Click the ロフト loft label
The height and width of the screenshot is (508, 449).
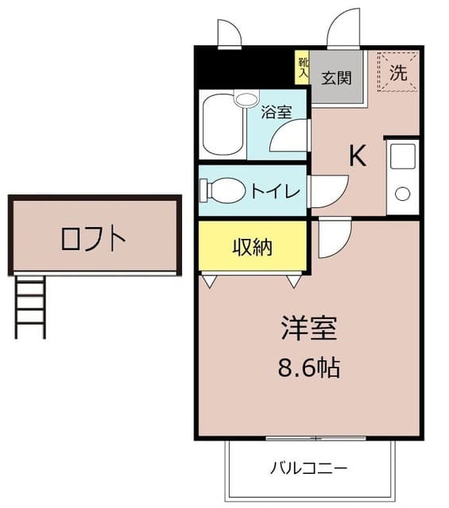(x=93, y=239)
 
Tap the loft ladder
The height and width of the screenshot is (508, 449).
(x=30, y=307)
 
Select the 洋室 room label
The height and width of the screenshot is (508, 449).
(x=309, y=328)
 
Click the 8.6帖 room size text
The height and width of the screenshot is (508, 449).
(x=309, y=368)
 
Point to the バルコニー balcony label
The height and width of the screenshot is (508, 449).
(x=308, y=468)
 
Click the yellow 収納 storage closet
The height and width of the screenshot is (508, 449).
(x=253, y=246)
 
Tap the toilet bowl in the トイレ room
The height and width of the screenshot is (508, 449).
(x=223, y=190)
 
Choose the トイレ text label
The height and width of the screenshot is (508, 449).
(x=276, y=190)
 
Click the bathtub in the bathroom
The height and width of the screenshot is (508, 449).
(x=223, y=125)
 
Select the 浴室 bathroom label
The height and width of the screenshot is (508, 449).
(x=277, y=112)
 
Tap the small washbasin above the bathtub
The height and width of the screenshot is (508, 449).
(x=246, y=98)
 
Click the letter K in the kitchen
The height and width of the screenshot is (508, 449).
(x=358, y=156)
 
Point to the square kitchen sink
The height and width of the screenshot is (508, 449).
(x=403, y=156)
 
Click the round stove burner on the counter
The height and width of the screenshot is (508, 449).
(x=403, y=194)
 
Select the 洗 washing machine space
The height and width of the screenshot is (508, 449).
(x=397, y=72)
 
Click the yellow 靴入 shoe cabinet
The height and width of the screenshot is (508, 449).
(x=303, y=67)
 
